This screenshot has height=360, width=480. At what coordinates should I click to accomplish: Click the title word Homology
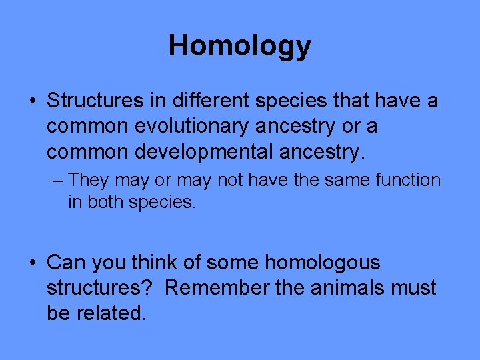(239, 46)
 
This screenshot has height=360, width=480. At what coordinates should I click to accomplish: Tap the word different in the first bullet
(204, 101)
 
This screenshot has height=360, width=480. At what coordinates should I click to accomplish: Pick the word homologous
(323, 263)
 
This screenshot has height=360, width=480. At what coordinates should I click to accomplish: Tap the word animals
(353, 288)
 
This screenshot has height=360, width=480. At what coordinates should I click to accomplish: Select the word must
(417, 288)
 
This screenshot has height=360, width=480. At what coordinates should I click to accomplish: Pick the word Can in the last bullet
(62, 263)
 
